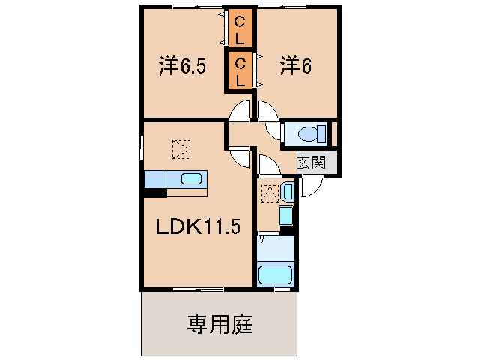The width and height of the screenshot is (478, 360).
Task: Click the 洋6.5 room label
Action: point(182,66)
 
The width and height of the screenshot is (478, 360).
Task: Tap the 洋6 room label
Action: point(295,66)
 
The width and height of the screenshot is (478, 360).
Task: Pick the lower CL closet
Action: point(241,70)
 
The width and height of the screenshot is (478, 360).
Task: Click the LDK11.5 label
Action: point(197,227)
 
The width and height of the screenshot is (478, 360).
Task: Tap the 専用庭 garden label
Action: point(220,325)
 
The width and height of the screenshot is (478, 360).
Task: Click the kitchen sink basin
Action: point(191,179)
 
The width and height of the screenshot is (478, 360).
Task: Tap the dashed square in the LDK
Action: point(180,149)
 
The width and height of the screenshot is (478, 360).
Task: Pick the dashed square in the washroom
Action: point(268,193)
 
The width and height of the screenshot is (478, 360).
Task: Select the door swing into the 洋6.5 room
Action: point(241,110)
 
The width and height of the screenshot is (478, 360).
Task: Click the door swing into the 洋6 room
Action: point(267,110)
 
